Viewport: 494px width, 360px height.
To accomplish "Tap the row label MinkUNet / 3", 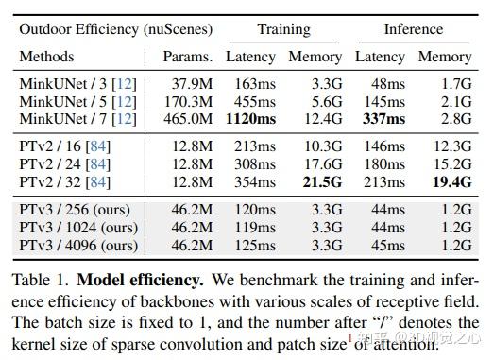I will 78,84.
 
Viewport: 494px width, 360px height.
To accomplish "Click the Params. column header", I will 186,57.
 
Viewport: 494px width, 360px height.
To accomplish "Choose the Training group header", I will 283,29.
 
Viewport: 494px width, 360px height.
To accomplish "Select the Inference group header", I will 413,29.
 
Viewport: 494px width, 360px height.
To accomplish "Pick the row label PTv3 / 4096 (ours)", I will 78,245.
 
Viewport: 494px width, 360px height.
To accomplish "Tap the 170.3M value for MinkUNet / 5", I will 188,101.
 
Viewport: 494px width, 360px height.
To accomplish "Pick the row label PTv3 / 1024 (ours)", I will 78,228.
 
